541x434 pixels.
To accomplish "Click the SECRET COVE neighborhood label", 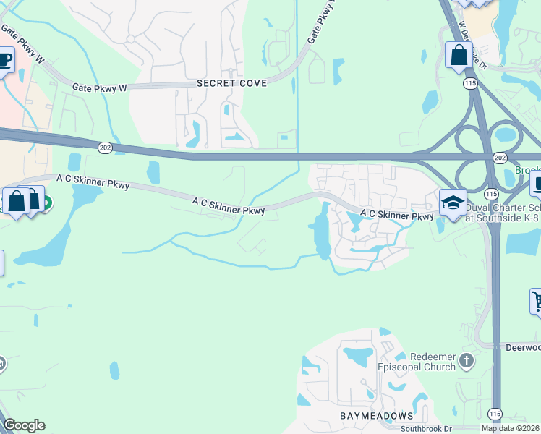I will [x=231, y=84].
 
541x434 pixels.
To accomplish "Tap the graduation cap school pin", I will [x=453, y=203].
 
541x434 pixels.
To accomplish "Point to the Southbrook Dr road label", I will [x=427, y=428].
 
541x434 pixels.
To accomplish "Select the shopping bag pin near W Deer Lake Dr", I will [x=459, y=55].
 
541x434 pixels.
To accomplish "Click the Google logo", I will [x=23, y=425].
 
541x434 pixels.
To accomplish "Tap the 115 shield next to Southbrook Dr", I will [x=495, y=413].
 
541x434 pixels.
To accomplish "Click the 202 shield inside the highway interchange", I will [x=499, y=157].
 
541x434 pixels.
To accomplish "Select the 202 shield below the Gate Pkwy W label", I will [x=105, y=147].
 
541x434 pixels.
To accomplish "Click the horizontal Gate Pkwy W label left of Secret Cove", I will [x=100, y=88].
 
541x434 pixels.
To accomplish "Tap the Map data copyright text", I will [x=510, y=428].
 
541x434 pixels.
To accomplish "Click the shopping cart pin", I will [x=537, y=300].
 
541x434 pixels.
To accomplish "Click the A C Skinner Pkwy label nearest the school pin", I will [x=397, y=215].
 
